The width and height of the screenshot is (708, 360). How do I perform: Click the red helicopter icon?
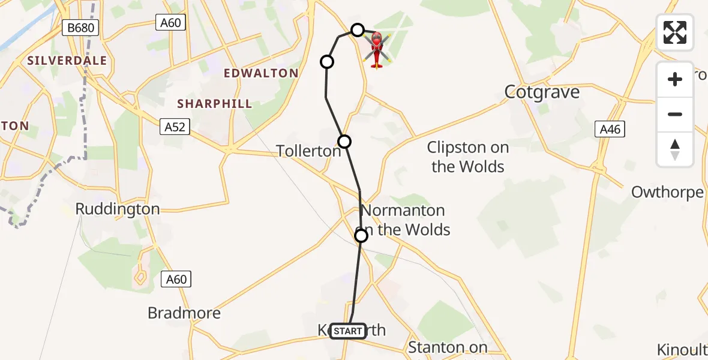point(377,49)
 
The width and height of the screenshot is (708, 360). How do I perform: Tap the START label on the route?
point(348,331)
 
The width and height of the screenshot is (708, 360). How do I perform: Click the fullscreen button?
point(675,32)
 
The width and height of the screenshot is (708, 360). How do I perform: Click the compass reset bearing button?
point(675,149)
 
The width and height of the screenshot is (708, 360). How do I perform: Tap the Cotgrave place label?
point(542,92)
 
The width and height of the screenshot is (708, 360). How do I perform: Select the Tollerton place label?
point(308,151)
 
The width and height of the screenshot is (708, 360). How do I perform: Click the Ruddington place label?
point(118,209)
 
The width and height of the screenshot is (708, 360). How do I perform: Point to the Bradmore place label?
point(184,313)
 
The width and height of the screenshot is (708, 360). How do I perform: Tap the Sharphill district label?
point(214,104)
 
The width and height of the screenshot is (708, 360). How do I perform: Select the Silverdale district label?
point(67,61)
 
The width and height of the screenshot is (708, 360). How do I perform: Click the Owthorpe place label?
point(667,192)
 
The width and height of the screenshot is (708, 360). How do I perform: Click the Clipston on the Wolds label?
point(468,157)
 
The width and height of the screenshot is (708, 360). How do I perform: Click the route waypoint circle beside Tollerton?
point(344,142)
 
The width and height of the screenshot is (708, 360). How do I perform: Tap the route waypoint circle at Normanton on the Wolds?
point(361,236)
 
